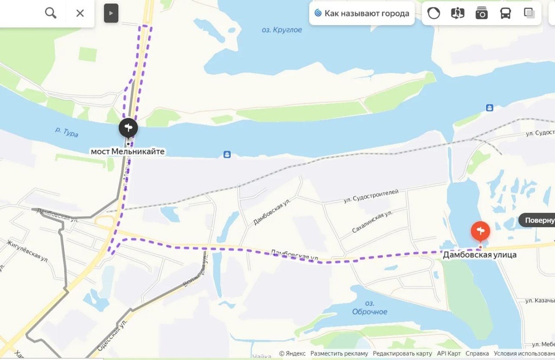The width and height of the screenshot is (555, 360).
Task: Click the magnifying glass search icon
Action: (x=50, y=13)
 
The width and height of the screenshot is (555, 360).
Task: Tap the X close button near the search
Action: (x=80, y=13)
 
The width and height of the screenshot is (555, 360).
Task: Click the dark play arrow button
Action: (x=111, y=13)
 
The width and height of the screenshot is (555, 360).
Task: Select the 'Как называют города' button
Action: (x=362, y=13)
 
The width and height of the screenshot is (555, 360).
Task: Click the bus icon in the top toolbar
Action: (x=505, y=13)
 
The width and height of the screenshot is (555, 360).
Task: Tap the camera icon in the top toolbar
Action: (x=482, y=13)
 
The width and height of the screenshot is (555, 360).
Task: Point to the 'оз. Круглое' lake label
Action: (x=282, y=30)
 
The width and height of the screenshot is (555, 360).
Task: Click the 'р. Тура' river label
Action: (x=67, y=132)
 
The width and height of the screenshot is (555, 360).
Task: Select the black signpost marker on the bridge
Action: (x=128, y=128)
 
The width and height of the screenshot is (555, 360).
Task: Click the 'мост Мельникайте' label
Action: (x=128, y=151)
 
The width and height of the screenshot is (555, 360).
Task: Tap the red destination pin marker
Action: (x=480, y=230)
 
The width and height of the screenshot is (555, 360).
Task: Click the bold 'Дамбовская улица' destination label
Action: (x=480, y=255)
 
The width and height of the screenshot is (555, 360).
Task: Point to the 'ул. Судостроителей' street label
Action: (x=371, y=196)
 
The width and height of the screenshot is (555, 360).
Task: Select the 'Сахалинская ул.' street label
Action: (x=373, y=222)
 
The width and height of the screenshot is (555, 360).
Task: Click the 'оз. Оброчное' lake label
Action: (x=369, y=308)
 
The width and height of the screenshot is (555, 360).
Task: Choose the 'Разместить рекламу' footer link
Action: (x=339, y=353)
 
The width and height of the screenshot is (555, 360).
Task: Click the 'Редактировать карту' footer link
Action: (x=402, y=353)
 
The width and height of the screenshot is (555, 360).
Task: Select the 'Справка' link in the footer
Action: (x=477, y=353)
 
